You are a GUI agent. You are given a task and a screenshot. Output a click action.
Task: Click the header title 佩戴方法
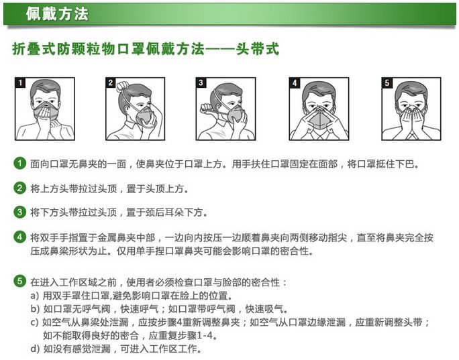tap(56, 13)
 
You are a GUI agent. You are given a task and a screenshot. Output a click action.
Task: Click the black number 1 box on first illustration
tap(20, 82)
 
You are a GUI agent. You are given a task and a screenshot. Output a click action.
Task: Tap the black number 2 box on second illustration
tap(111, 82)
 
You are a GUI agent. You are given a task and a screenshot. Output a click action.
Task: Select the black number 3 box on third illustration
tap(201, 82)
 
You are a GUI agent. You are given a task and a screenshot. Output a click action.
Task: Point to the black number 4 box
tap(294, 82)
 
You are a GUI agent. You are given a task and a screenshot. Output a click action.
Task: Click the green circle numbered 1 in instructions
tap(20, 163)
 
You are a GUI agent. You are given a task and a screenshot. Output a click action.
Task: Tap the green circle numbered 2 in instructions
tap(20, 188)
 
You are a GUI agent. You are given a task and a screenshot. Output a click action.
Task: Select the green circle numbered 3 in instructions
tap(20, 213)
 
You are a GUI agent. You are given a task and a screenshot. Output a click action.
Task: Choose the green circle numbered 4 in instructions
tap(20, 237)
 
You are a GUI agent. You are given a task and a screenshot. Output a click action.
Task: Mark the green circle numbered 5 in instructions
tap(20, 281)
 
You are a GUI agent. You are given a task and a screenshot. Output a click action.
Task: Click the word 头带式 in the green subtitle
tap(258, 50)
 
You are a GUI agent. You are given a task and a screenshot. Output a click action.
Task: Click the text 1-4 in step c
tap(203, 335)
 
